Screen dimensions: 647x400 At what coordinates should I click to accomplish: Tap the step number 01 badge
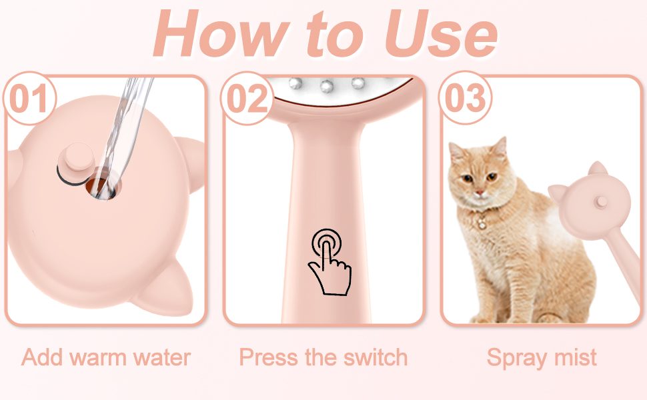pos(29,98)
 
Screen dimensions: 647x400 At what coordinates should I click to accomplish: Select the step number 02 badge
pos(247,98)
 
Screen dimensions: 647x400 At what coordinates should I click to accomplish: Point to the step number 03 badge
pos(465,98)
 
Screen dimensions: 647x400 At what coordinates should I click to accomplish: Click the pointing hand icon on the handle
pos(329,262)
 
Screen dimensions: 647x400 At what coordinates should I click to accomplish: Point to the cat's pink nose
pos(479,193)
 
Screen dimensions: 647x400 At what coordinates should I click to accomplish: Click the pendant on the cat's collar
pos(481,223)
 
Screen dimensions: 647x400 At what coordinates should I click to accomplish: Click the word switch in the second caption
pos(376,357)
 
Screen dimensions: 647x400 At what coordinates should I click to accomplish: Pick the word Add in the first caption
pos(41,357)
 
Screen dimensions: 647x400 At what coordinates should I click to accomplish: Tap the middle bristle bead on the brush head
pos(327,85)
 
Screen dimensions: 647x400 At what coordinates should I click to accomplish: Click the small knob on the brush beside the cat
pos(600,202)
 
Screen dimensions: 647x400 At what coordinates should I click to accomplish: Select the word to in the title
pos(335,35)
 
